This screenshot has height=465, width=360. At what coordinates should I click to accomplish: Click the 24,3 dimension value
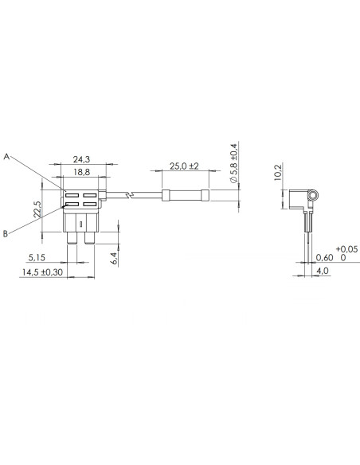[x=81, y=159]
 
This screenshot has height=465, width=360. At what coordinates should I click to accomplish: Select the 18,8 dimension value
[x=82, y=172]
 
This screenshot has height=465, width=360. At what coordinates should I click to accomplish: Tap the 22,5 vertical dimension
[x=37, y=209]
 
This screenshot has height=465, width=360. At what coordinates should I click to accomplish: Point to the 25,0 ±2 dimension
[x=184, y=166]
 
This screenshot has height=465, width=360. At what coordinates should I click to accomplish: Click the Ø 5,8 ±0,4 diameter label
[x=233, y=163]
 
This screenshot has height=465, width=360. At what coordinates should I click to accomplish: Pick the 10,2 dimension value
[x=278, y=172]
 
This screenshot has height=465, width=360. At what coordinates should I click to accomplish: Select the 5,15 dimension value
[x=37, y=257]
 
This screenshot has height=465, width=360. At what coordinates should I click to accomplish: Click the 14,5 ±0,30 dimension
[x=42, y=272]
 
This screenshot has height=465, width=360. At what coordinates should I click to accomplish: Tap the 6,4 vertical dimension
[x=115, y=258]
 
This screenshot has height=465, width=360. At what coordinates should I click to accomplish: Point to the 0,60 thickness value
[x=325, y=257]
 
